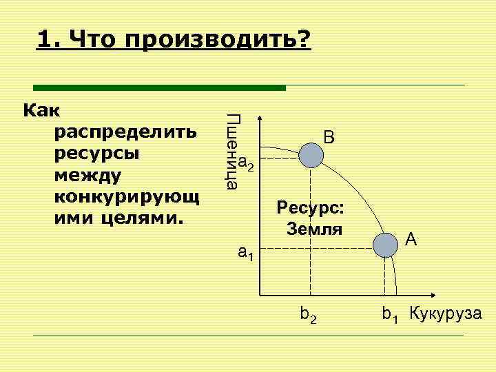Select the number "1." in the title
pyautogui.click(x=50, y=39)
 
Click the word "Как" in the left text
pyautogui.click(x=41, y=110)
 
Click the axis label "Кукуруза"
pyautogui.click(x=446, y=314)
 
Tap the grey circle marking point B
pyautogui.click(x=311, y=156)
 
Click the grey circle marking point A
pyautogui.click(x=386, y=245)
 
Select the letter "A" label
pyautogui.click(x=411, y=239)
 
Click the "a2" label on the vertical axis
pyautogui.click(x=247, y=164)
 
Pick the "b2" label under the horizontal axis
pyautogui.click(x=309, y=316)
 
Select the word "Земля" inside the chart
pyautogui.click(x=314, y=229)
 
